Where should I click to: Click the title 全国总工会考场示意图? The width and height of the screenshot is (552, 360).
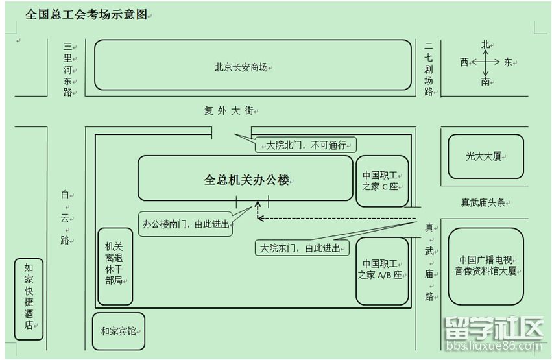pyautogui.click(x=86, y=14)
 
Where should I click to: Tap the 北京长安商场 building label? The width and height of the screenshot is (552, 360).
pyautogui.click(x=241, y=67)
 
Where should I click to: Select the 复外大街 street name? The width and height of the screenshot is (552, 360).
pyautogui.click(x=229, y=111)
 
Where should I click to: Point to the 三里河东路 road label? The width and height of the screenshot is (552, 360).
pyautogui.click(x=67, y=69)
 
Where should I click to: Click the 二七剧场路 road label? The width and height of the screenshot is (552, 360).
pyautogui.click(x=429, y=69)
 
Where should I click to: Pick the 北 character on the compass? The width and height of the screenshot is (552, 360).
pyautogui.click(x=486, y=44)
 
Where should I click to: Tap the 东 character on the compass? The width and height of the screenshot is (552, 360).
pyautogui.click(x=508, y=62)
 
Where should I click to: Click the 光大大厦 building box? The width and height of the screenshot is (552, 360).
pyautogui.click(x=486, y=156)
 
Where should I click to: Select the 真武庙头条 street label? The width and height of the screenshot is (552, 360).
pyautogui.click(x=483, y=202)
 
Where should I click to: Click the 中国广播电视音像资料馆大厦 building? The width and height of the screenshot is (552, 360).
pyautogui.click(x=486, y=266)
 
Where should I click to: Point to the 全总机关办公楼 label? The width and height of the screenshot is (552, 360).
pyautogui.click(x=246, y=180)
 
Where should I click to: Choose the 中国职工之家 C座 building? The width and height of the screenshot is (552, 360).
pyautogui.click(x=382, y=181)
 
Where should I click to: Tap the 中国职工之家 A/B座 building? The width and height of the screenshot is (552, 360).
pyautogui.click(x=382, y=271)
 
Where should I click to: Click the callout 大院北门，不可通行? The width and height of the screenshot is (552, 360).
pyautogui.click(x=306, y=145)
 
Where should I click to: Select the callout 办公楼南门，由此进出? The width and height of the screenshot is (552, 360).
pyautogui.click(x=186, y=224)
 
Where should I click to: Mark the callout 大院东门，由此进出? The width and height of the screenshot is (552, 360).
pyautogui.click(x=302, y=248)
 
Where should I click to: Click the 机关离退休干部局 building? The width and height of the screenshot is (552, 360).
pyautogui.click(x=115, y=267)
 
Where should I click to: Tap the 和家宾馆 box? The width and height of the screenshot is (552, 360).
pyautogui.click(x=119, y=331)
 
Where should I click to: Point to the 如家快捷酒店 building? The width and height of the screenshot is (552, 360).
pyautogui.click(x=29, y=299)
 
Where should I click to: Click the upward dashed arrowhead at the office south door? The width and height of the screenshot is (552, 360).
pyautogui.click(x=258, y=204)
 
